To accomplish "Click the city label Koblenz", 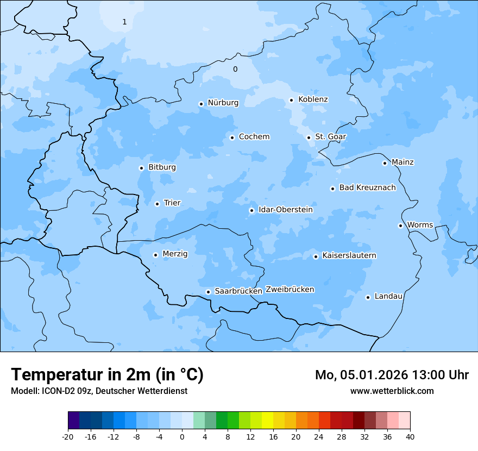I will pyautogui.click(x=313, y=99).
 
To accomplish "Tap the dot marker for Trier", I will pyautogui.click(x=157, y=204).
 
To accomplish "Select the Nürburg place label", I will pyautogui.click(x=223, y=103).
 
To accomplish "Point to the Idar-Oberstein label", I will pyautogui.click(x=285, y=210).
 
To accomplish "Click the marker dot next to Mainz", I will pyautogui.click(x=385, y=163).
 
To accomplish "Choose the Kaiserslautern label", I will pyautogui.click(x=349, y=255).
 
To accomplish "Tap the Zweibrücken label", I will pyautogui.click(x=290, y=290).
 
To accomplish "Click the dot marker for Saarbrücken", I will pyautogui.click(x=208, y=292).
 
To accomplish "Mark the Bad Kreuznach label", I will pyautogui.click(x=367, y=187).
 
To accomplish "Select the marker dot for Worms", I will pyautogui.click(x=400, y=225).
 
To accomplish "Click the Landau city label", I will pyautogui.click(x=388, y=296).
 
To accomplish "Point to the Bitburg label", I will pyautogui.click(x=162, y=167).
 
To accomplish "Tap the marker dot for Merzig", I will pyautogui.click(x=155, y=255).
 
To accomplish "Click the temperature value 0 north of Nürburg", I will pyautogui.click(x=235, y=69).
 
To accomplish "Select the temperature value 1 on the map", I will pyautogui.click(x=124, y=22).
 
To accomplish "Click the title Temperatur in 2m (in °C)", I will pyautogui.click(x=107, y=374).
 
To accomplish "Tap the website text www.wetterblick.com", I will pyautogui.click(x=392, y=391).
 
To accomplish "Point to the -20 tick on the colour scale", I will pyautogui.click(x=68, y=436).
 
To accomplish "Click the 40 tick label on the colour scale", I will pyautogui.click(x=410, y=436).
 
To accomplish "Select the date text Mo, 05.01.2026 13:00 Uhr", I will pyautogui.click(x=392, y=375).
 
